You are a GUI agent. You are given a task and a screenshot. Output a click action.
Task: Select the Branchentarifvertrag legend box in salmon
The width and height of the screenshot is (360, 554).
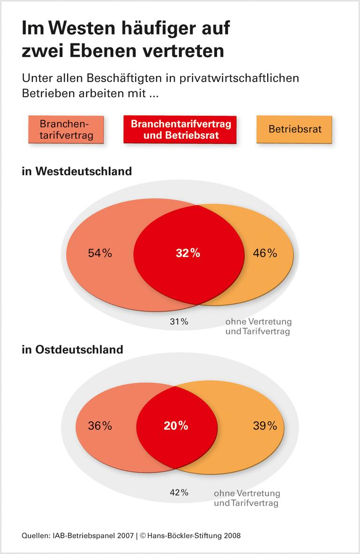click(66, 129)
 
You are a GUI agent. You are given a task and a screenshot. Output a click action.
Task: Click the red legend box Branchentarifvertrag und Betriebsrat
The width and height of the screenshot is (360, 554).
click(180, 130)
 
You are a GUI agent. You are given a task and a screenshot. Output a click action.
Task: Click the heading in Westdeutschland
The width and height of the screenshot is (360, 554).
click(77, 171)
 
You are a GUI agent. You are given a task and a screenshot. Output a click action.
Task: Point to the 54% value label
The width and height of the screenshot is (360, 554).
click(100, 253)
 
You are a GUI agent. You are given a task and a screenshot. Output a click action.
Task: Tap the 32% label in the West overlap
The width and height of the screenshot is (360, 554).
click(188, 253)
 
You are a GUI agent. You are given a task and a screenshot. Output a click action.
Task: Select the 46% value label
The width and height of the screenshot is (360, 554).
click(265, 253)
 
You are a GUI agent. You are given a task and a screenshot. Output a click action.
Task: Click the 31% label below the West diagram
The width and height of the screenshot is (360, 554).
click(179, 322)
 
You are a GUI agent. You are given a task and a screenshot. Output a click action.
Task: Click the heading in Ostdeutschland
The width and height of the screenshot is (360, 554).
click(73, 349)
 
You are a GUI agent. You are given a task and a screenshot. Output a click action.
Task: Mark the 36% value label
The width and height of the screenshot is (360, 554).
click(100, 426)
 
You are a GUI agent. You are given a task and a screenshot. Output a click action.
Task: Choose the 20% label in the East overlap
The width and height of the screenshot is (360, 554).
click(176, 426)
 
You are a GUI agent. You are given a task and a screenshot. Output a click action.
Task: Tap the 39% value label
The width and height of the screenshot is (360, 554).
click(265, 426)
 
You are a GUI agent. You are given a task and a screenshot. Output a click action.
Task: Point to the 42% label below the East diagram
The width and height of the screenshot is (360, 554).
click(179, 493)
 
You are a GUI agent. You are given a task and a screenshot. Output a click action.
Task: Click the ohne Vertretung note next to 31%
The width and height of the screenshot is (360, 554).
click(258, 326)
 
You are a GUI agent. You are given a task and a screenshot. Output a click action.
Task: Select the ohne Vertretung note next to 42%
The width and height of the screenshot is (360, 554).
click(247, 498)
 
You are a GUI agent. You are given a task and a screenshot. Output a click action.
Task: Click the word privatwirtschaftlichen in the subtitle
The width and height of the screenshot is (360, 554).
click(239, 78)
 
